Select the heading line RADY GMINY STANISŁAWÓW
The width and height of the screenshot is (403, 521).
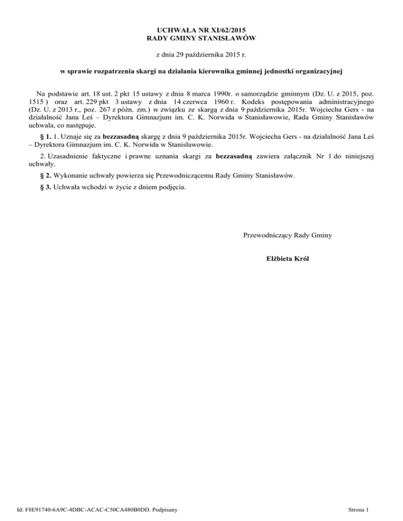201,38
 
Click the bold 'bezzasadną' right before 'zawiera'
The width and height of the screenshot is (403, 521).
234,156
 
